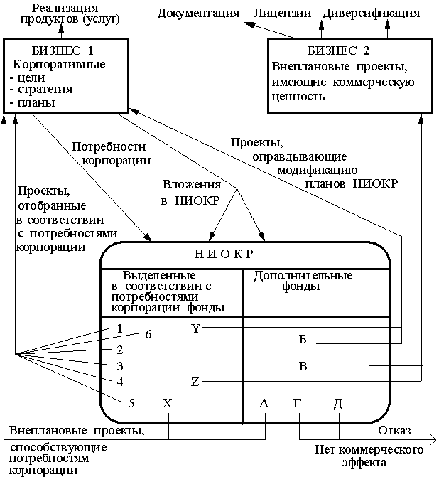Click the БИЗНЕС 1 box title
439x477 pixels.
coord(63,52)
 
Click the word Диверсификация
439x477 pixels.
coord(371,14)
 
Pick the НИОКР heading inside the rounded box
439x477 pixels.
coord(224,254)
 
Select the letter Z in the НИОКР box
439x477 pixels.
coord(195,382)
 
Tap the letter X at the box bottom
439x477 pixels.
coord(168,403)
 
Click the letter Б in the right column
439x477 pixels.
coord(303,339)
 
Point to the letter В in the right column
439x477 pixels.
coord(303,366)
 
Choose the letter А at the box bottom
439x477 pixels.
coord(264,403)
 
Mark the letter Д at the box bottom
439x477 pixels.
coord(338,403)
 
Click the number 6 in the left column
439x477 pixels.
coord(148,334)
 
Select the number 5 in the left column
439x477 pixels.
coord(131,403)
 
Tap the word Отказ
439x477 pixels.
coord(395,432)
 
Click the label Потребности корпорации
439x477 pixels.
coord(110,153)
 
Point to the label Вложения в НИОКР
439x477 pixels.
coord(190,191)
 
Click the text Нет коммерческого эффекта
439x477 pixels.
coord(369,456)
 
